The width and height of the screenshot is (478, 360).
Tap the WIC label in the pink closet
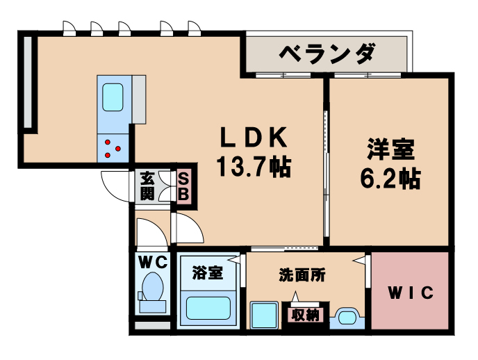pos(410,293)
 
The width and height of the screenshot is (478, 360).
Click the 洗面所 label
pos(303,275)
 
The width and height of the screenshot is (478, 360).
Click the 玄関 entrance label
pos(147,186)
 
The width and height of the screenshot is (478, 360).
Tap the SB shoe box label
pos(183,186)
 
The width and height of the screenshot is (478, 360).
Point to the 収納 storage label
pos(304,314)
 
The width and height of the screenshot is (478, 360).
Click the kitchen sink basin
pos(113,97)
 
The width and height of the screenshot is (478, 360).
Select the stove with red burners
pos(113,147)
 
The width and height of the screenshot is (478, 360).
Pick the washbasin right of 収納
pos(345,316)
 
